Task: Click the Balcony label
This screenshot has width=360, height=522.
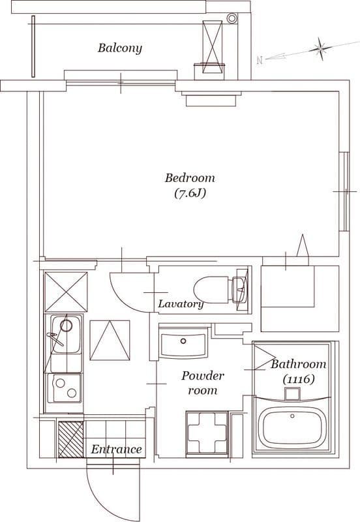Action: click(120, 48)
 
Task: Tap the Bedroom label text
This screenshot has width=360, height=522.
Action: click(190, 177)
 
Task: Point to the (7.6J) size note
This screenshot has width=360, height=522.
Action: click(190, 193)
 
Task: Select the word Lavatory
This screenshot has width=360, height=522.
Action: click(181, 303)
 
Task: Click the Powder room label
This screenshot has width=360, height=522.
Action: click(203, 383)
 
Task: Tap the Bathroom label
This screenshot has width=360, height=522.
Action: click(299, 364)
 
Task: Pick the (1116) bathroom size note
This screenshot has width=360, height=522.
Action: click(299, 379)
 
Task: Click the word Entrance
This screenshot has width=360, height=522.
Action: click(117, 449)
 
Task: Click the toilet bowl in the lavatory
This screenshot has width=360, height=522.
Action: click(211, 290)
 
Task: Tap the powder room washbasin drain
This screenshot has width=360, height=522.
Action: click(183, 341)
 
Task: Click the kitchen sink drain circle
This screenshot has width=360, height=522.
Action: click(67, 326)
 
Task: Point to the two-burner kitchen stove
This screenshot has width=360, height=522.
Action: click(65, 388)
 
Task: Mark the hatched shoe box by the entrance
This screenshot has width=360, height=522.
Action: click(71, 439)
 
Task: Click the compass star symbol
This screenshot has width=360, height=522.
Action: click(320, 49)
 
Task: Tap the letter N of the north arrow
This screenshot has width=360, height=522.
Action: click(260, 60)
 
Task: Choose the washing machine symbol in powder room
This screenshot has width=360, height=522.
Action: click(207, 433)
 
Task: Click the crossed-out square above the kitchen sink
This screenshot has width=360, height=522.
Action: click(66, 292)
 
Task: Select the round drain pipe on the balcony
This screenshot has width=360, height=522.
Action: click(232, 18)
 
